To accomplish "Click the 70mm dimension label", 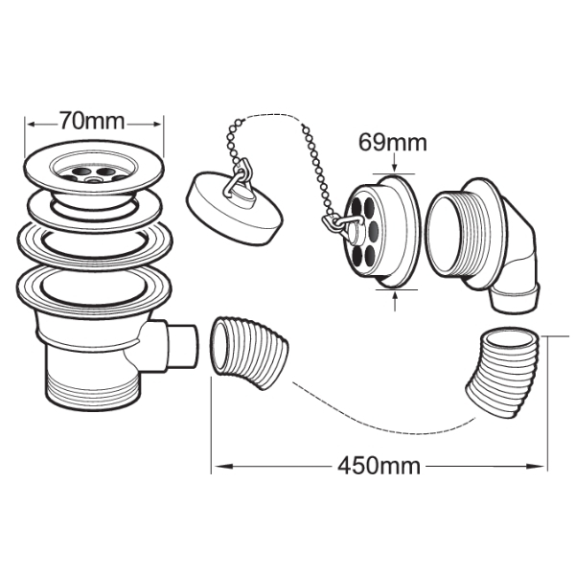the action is tap(92, 121).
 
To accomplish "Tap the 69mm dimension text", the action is tap(393, 142).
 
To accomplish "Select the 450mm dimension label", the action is tap(379, 466).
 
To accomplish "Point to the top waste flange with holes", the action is tap(93, 170).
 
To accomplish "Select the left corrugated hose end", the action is tap(248, 351).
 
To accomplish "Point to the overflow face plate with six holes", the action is tap(381, 230).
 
